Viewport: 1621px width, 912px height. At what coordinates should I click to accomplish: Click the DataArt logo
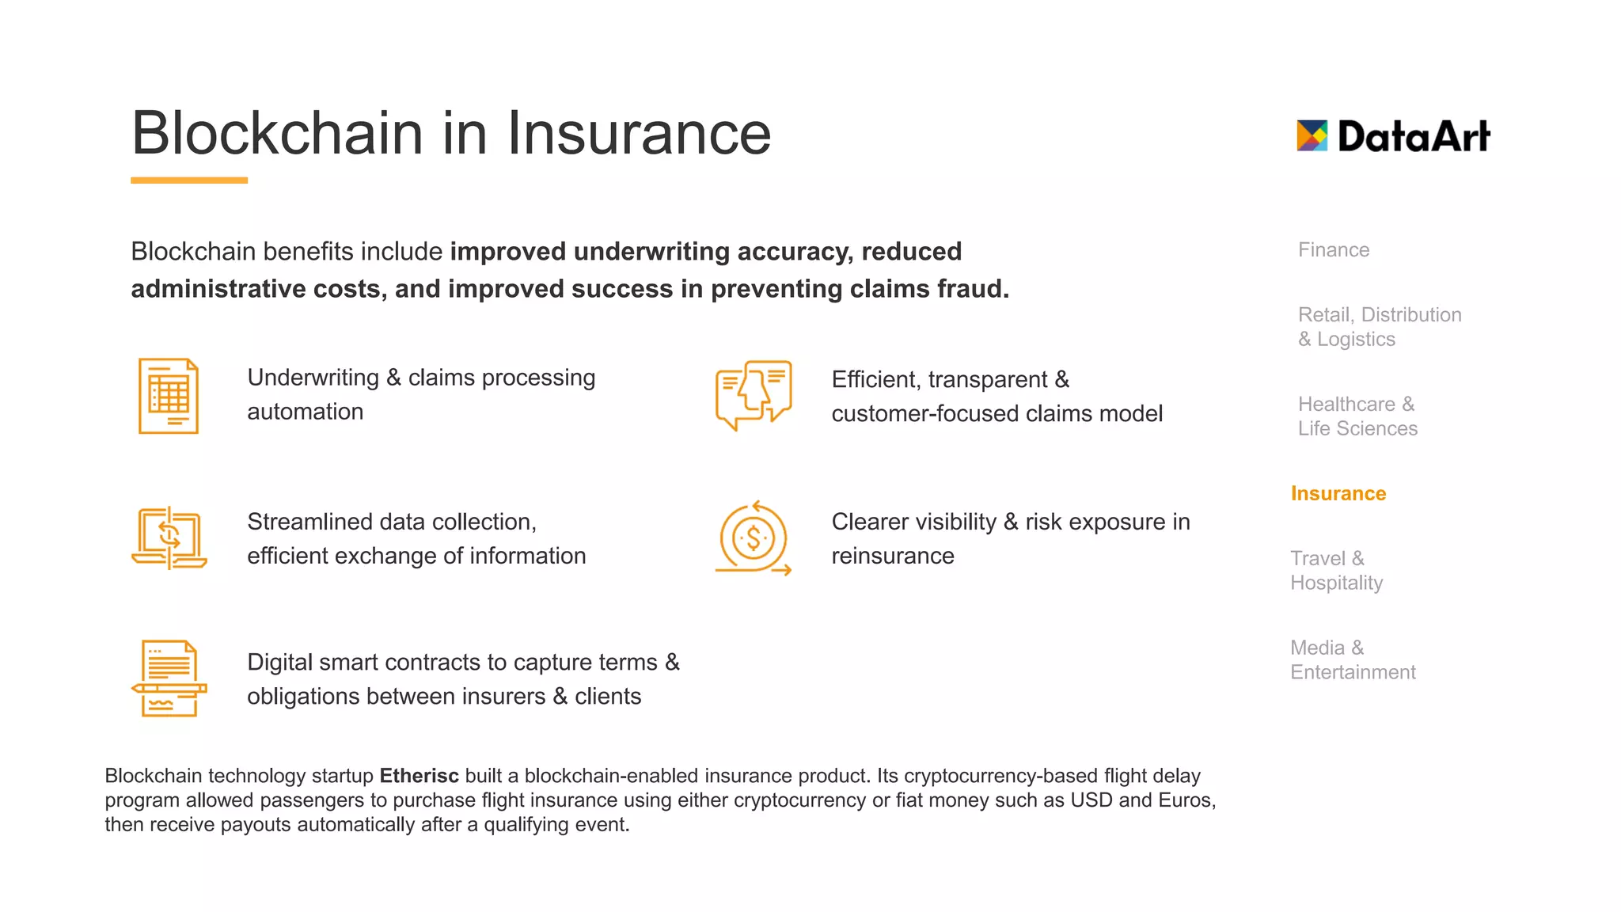[x=1393, y=136]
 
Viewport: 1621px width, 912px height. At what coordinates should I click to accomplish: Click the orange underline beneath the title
[x=189, y=180]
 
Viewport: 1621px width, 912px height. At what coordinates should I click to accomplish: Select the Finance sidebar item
[x=1333, y=250]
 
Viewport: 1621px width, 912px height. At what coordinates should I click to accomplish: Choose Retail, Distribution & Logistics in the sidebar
[x=1379, y=327]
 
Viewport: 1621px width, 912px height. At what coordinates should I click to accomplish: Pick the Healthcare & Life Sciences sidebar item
[x=1357, y=416]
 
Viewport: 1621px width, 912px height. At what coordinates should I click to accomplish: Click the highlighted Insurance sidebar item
[x=1338, y=494]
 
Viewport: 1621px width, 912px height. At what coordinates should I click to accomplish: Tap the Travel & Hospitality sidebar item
[x=1336, y=571]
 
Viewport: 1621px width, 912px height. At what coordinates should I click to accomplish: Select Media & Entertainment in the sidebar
[x=1352, y=660]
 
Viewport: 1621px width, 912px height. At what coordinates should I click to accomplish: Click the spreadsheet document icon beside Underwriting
[x=169, y=396]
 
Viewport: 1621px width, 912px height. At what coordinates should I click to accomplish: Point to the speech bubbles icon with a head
[x=753, y=394]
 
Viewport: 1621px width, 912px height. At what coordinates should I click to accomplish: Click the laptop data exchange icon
[x=169, y=538]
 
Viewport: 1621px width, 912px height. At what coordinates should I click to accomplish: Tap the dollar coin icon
[x=753, y=538]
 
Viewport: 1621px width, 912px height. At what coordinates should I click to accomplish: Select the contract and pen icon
[x=169, y=678]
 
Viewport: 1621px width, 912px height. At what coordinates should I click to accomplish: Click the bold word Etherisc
[x=419, y=776]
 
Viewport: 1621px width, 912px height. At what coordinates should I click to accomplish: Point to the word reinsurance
[x=892, y=557]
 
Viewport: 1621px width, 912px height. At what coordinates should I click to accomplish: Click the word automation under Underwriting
[x=305, y=412]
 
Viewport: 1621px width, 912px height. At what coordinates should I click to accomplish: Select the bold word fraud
[x=978, y=289]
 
